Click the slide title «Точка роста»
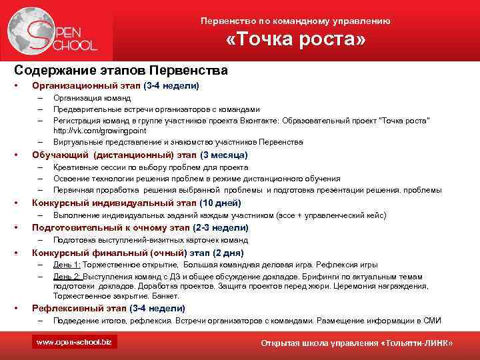coord(296,41)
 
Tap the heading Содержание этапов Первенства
coord(121,70)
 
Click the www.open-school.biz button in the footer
coord(75,342)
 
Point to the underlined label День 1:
coord(66,265)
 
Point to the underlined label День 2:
coord(66,276)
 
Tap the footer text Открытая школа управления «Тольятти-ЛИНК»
coord(357,343)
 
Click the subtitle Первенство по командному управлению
coord(295,21)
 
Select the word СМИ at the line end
coord(432,320)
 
